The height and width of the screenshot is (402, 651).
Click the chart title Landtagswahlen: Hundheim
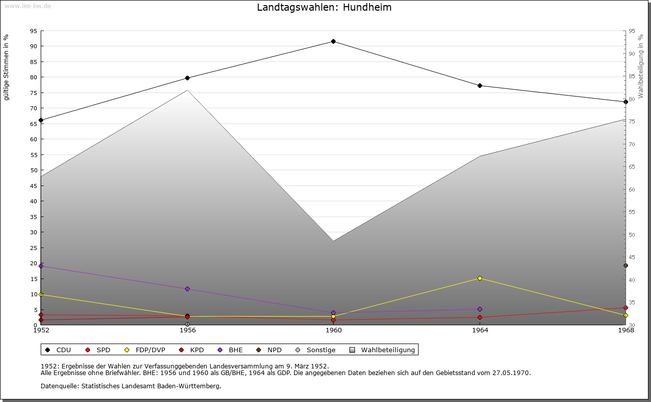tap(324, 8)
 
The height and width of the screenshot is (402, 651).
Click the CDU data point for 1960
tap(333, 42)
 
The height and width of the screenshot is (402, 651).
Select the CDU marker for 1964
tap(480, 85)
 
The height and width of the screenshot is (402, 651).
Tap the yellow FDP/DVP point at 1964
tap(480, 278)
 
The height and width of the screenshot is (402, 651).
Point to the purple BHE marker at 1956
tap(187, 289)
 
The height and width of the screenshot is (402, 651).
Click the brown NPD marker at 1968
tap(626, 265)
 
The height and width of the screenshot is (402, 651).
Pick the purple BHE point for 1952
tap(41, 266)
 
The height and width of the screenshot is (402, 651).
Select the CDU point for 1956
tap(187, 78)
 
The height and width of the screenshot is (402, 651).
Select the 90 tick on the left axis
tap(33, 46)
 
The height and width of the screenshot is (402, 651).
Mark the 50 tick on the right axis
tap(631, 235)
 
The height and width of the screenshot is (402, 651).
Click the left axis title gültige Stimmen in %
tap(7, 68)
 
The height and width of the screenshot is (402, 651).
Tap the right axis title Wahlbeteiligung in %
tap(641, 67)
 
